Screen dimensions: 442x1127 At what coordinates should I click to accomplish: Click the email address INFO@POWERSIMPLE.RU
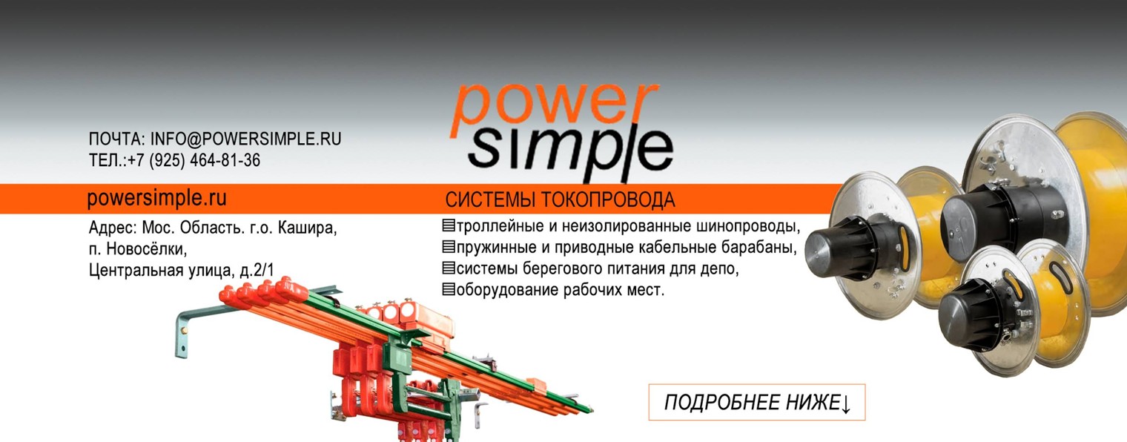click(x=245, y=139)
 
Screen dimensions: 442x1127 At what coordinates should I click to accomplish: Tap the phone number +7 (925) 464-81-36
click(x=194, y=160)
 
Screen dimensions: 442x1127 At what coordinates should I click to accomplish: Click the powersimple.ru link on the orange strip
click(x=156, y=199)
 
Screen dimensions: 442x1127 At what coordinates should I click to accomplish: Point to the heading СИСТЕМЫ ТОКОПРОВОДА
click(x=560, y=200)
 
